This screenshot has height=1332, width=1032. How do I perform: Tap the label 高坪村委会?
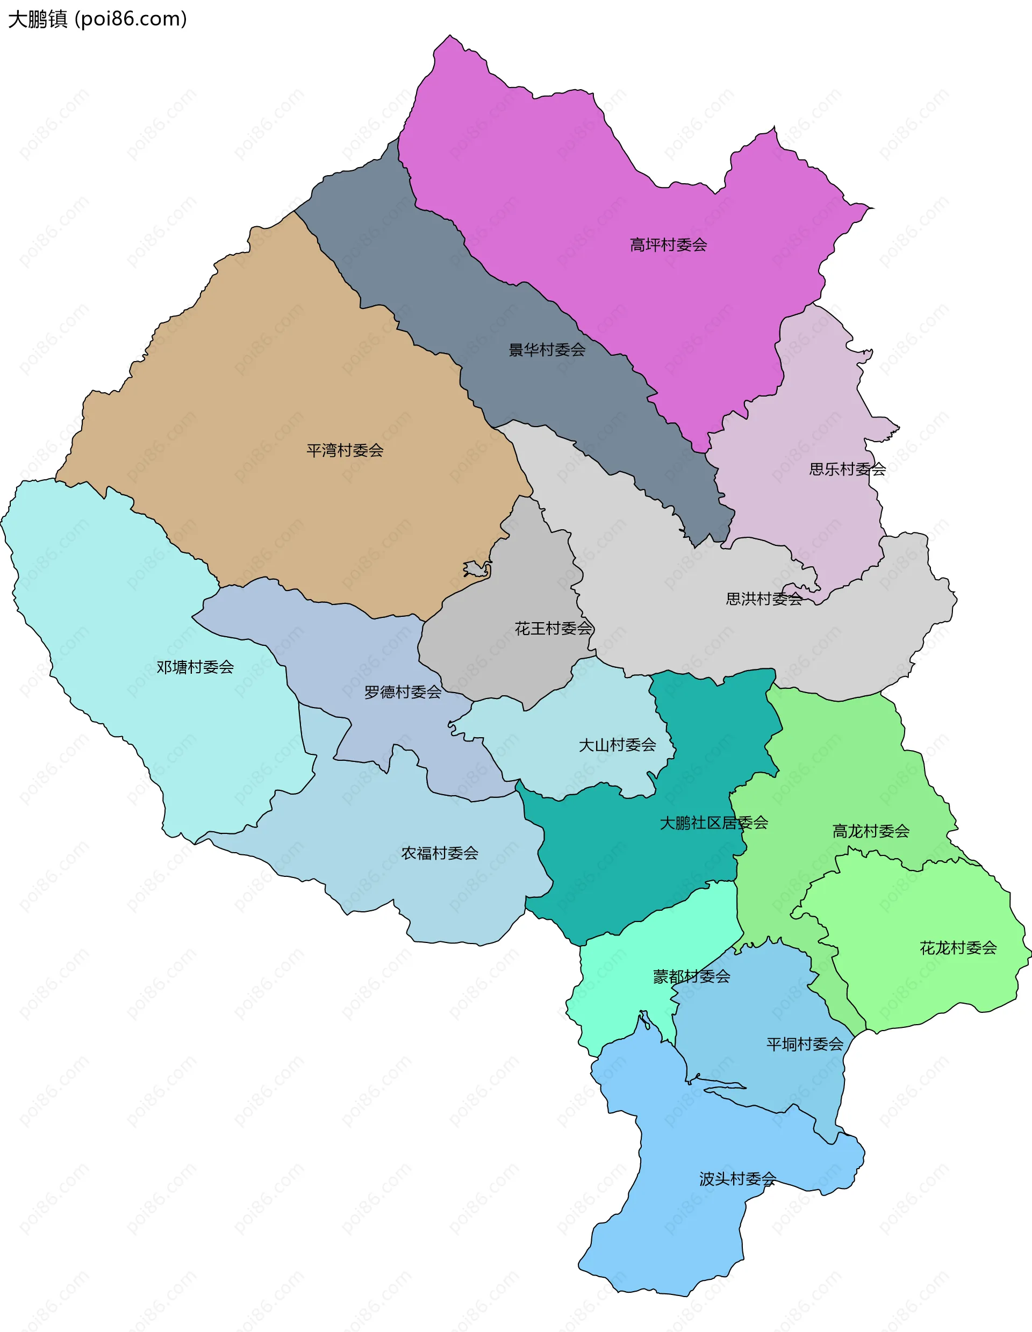pos(668,245)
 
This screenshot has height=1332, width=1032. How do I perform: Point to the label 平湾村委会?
pos(345,451)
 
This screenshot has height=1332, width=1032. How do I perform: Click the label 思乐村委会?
pos(847,469)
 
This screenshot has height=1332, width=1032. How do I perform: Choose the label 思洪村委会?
pos(764,599)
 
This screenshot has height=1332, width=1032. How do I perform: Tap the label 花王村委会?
pos(553,628)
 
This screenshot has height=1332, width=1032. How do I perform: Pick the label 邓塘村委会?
pos(195,667)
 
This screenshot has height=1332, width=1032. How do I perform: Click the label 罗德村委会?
pos(403,692)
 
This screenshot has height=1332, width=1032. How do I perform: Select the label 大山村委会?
pos(617,745)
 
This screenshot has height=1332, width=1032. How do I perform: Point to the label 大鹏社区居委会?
pos(714,823)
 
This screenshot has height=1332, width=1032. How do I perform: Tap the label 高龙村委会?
pos(871,831)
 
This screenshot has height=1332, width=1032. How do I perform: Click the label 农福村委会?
pos(440,853)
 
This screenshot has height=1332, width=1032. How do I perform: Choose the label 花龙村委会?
pos(958,948)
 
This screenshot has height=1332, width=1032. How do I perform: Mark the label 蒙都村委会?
pos(692,976)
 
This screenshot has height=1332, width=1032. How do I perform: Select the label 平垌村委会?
pos(805,1044)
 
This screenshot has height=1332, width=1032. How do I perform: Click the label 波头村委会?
pos(737,1179)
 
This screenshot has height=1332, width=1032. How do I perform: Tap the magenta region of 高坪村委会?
pos(549,171)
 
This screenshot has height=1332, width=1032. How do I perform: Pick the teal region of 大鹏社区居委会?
pos(610,866)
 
